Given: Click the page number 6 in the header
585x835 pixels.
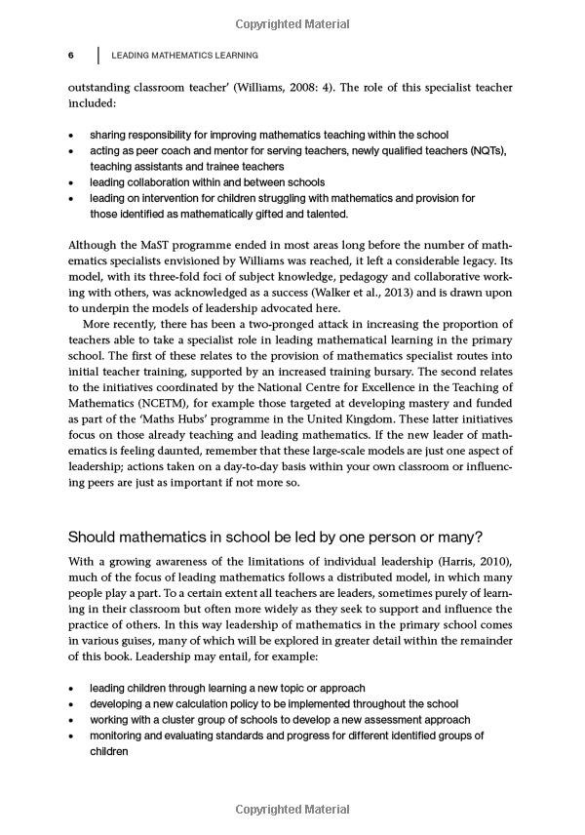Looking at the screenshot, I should click(71, 56).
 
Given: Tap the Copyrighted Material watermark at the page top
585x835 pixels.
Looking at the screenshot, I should click(292, 21).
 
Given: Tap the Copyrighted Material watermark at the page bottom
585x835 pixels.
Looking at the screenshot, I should click(292, 810).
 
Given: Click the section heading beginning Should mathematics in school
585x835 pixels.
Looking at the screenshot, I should click(276, 536).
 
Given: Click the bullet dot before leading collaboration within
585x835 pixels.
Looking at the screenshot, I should click(71, 182).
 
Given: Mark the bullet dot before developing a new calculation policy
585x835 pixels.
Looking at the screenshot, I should click(71, 704).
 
